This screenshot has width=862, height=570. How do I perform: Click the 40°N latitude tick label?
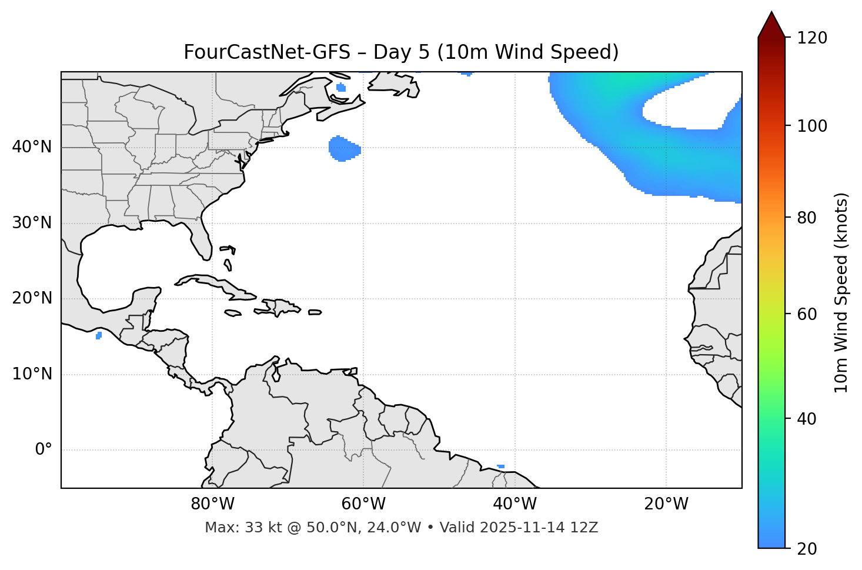[32, 147]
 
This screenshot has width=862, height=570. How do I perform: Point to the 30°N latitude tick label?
[32, 223]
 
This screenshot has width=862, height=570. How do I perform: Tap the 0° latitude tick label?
[44, 450]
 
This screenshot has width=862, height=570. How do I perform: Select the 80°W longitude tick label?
[212, 504]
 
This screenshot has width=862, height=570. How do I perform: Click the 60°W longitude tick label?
[363, 504]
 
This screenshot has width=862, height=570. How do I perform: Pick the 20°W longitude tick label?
[666, 504]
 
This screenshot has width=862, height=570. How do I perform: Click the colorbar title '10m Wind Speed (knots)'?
[841, 292]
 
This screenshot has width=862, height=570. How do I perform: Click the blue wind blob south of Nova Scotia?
[343, 149]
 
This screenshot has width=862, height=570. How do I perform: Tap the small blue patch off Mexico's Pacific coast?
[99, 335]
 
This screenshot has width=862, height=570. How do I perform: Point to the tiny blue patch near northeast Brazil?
[501, 466]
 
